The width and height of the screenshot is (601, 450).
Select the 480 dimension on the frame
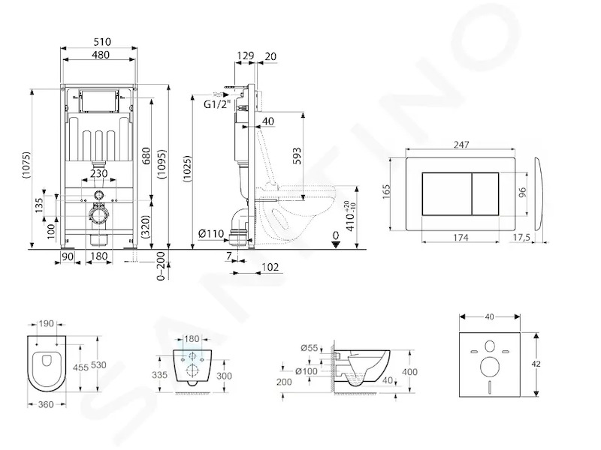(x=101, y=55)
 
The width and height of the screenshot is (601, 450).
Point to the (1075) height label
(x=26, y=165)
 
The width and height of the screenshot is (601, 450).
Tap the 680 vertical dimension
(x=146, y=156)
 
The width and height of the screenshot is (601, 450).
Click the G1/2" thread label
(x=218, y=103)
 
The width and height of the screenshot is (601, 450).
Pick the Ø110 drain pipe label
(x=211, y=232)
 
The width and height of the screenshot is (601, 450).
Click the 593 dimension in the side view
(x=297, y=156)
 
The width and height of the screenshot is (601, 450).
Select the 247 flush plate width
(x=461, y=145)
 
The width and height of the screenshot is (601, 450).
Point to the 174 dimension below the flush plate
(x=461, y=238)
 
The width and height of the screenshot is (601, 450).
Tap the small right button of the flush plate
(x=485, y=194)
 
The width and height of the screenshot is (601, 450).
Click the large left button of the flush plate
(x=447, y=194)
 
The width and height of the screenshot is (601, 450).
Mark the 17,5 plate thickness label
(x=521, y=238)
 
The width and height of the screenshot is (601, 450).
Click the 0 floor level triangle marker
(x=336, y=244)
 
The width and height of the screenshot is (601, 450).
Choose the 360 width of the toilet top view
(x=46, y=404)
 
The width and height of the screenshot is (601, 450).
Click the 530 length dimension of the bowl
(x=98, y=364)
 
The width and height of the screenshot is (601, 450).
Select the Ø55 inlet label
(x=310, y=348)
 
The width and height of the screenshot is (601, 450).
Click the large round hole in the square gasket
(x=490, y=366)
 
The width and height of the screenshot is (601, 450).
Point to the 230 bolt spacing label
(x=99, y=173)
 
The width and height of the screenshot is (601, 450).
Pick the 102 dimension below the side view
(x=270, y=267)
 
